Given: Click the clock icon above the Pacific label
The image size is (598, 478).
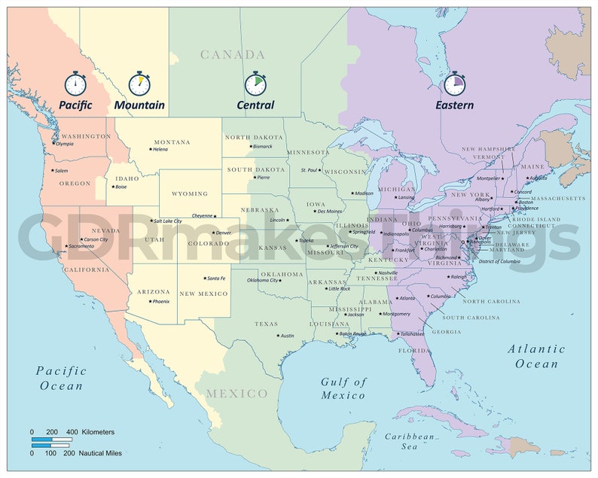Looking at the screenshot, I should pos(75,83).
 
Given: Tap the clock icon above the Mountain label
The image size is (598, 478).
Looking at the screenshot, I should pos(139,83).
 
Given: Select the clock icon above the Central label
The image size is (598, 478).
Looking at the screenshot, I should pos(255,83).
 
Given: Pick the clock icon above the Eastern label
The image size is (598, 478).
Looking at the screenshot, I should pos(455,83).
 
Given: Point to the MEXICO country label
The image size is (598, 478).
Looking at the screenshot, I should pos(237,394).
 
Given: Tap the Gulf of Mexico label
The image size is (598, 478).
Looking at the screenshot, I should pos(343,388).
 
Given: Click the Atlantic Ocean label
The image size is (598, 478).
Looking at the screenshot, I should pos(536,356).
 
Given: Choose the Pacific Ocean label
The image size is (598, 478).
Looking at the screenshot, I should pos(61,378).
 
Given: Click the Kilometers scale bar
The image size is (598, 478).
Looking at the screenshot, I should pos(52,440).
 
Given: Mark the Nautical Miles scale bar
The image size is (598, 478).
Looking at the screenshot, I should pos(52,446).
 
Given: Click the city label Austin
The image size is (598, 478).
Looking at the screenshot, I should pos(287,336).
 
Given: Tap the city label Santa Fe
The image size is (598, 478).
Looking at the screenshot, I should pos(216,279).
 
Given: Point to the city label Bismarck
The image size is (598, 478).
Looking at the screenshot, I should pos(262,146).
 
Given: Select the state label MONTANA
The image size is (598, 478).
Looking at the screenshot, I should pos(172,142).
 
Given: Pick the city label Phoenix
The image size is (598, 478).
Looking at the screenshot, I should pos(160,301).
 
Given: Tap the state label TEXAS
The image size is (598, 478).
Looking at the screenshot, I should pos(266,324).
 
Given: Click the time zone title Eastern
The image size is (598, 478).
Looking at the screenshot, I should pos(455,105).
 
